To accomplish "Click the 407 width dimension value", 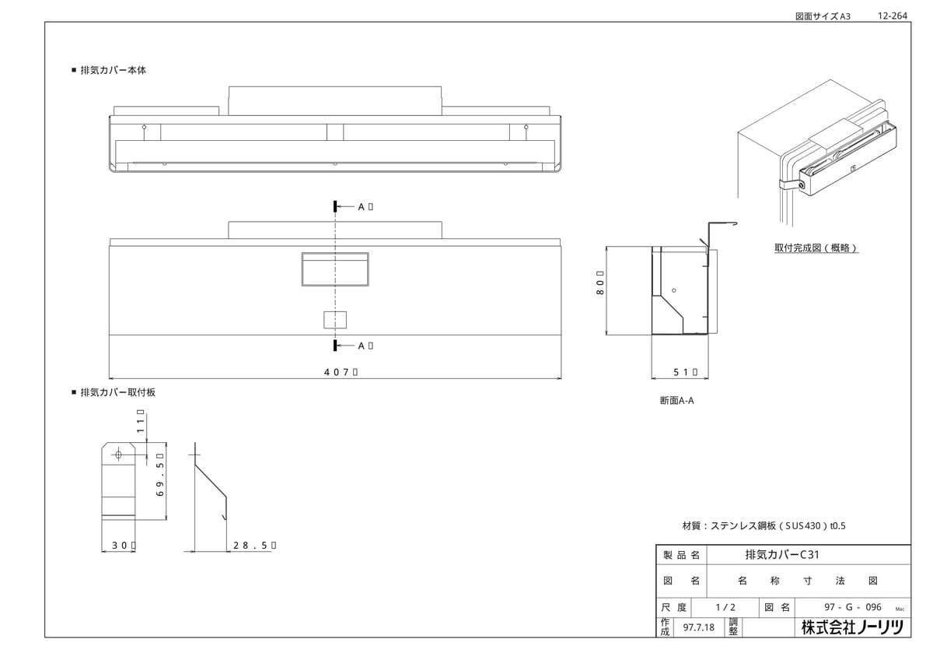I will click(340, 372).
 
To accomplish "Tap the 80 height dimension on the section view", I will click(599, 287).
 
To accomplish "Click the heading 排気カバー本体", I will click(114, 70).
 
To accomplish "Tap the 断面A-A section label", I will click(676, 401).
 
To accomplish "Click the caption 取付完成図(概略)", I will click(816, 248).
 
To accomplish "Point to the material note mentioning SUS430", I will click(763, 525).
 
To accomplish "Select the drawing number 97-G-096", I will click(852, 607).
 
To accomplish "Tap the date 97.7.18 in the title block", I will click(698, 627).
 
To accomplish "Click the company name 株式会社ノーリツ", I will click(853, 627).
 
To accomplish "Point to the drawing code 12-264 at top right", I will click(892, 15).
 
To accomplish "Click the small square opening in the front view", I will click(335, 319).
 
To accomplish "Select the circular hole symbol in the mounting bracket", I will click(118, 454).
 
